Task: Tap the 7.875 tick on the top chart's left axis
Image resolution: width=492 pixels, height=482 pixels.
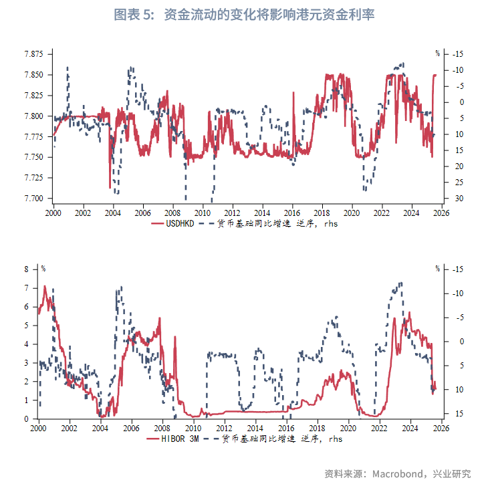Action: coord(33,53)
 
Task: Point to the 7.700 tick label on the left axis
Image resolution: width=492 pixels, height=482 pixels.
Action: coord(33,199)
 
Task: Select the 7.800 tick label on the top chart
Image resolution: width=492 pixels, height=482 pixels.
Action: coord(33,116)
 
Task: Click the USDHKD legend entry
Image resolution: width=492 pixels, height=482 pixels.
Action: coord(180,223)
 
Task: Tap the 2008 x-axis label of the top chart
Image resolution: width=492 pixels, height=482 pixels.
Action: coord(172,213)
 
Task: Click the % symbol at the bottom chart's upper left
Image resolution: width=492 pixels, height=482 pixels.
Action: coord(43,269)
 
